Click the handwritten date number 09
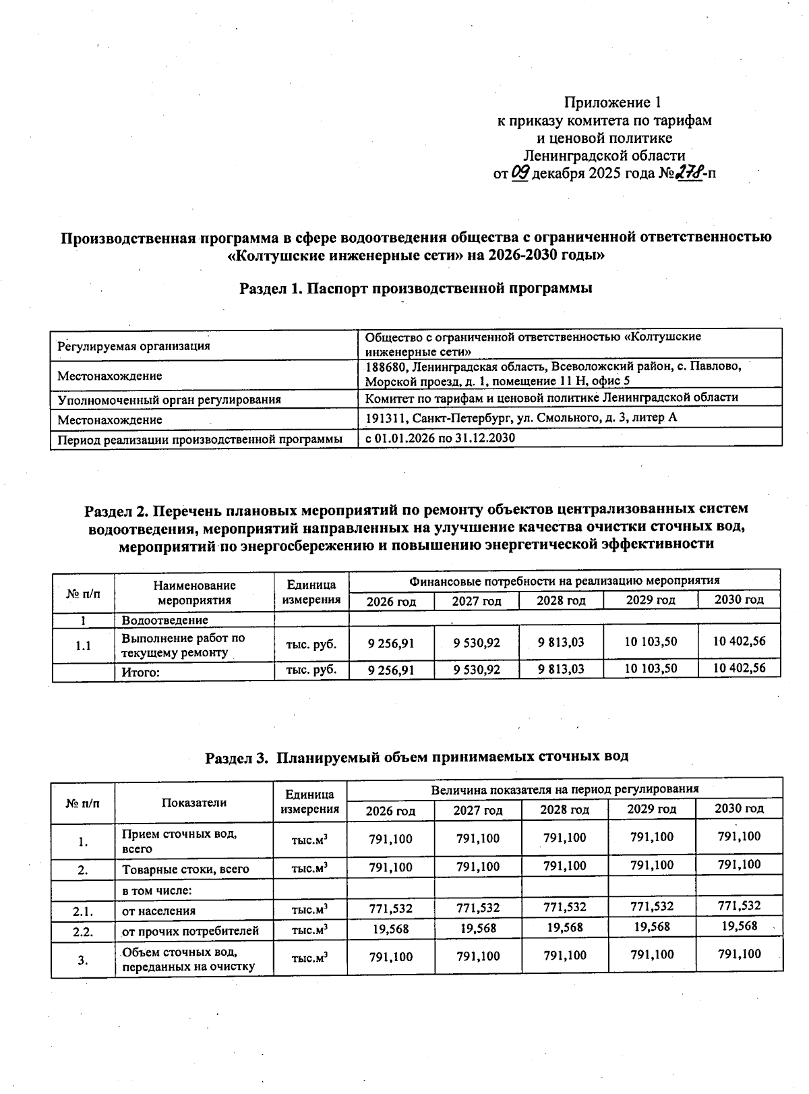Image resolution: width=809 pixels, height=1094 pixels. point(522,173)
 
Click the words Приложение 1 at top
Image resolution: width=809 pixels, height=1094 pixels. point(611,103)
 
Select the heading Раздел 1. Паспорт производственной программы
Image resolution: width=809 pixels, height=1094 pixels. point(416,288)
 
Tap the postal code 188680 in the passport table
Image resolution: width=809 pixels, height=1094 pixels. point(386,366)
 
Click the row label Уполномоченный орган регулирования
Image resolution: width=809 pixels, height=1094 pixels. point(169,399)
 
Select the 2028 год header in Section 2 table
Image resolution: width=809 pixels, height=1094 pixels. point(561,600)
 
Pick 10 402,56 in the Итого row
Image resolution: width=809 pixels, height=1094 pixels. point(739,668)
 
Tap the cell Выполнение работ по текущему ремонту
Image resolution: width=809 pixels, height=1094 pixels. point(183,645)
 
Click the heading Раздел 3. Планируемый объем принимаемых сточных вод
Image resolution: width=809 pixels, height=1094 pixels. point(417,756)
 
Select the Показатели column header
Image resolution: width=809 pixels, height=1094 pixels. point(194,802)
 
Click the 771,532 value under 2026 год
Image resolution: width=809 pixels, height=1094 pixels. point(390,908)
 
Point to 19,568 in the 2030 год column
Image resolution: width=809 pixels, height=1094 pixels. point(739,925)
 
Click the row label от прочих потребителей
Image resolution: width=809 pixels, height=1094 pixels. point(190,931)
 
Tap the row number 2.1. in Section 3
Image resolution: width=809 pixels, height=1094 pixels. point(83,911)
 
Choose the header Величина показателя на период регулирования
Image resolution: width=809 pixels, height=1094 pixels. point(564,788)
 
